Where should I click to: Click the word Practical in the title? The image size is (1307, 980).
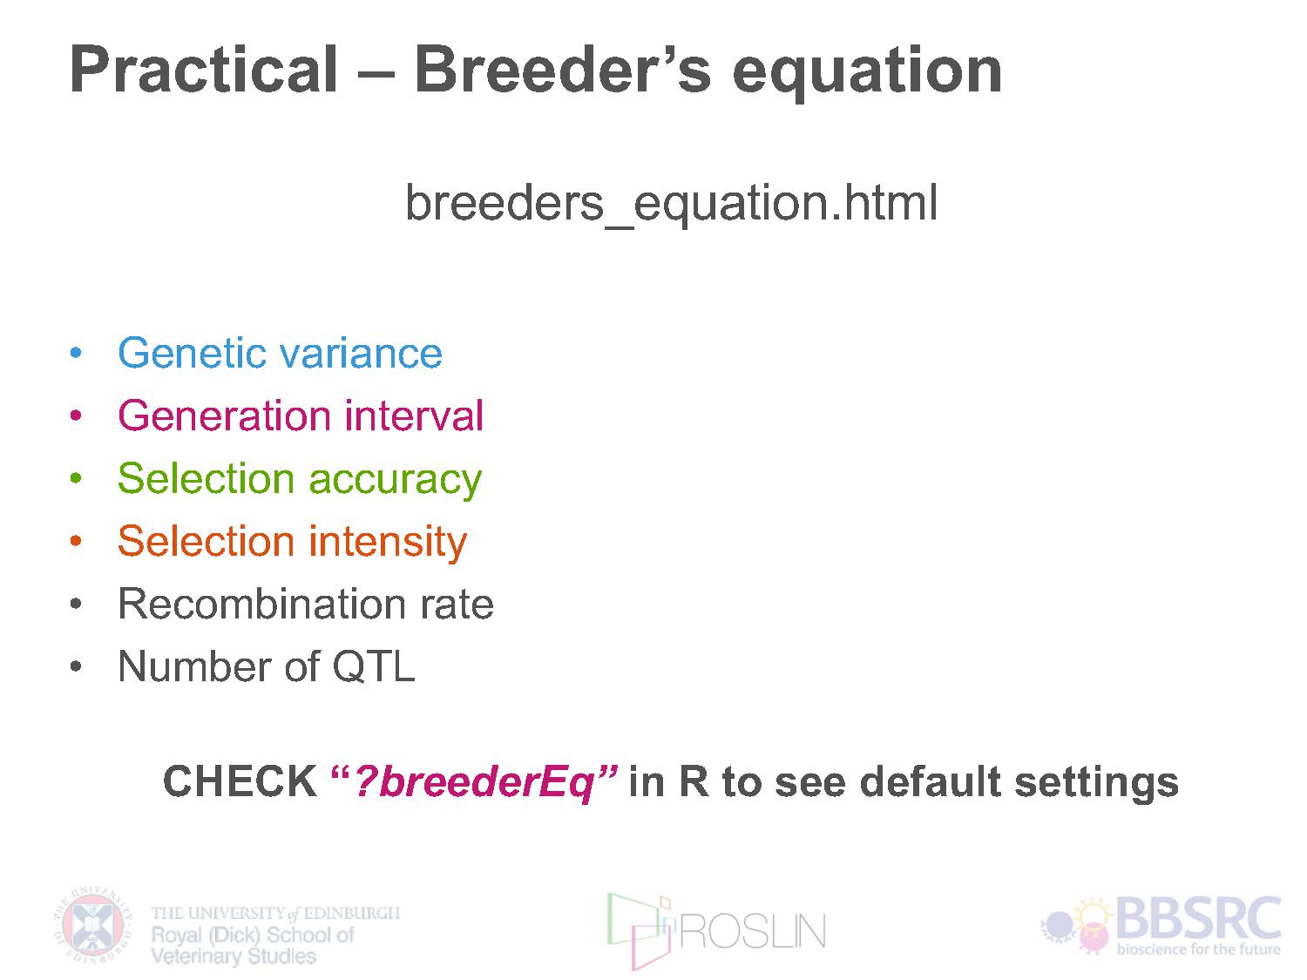coord(204,70)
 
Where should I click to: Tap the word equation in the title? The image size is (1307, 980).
coord(867,72)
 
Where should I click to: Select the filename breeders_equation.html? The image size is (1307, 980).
coord(671,203)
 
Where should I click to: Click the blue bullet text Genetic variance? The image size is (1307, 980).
coord(280,353)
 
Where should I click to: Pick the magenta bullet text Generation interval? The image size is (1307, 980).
coord(301,416)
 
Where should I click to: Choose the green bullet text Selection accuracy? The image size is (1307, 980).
coord(300,479)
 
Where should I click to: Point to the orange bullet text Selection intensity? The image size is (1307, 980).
coord(293,542)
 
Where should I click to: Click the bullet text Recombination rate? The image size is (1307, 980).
coord(306,604)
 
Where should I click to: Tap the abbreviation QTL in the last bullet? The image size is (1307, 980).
coord(373,666)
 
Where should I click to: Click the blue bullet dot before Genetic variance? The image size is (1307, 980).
coord(76,353)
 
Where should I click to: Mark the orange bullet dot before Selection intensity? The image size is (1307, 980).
coord(76,541)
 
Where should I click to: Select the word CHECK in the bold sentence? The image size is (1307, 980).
coord(240,781)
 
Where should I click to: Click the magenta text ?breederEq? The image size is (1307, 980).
coord(473,782)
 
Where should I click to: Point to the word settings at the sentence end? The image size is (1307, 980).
coord(1096,783)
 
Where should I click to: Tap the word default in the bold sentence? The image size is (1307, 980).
coord(930,781)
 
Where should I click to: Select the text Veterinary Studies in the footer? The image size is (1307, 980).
coord(234,956)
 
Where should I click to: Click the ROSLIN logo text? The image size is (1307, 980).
coord(753,932)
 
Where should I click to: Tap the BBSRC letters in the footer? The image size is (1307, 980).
coord(1198,918)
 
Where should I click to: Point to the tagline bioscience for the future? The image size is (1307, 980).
coord(1198,949)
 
